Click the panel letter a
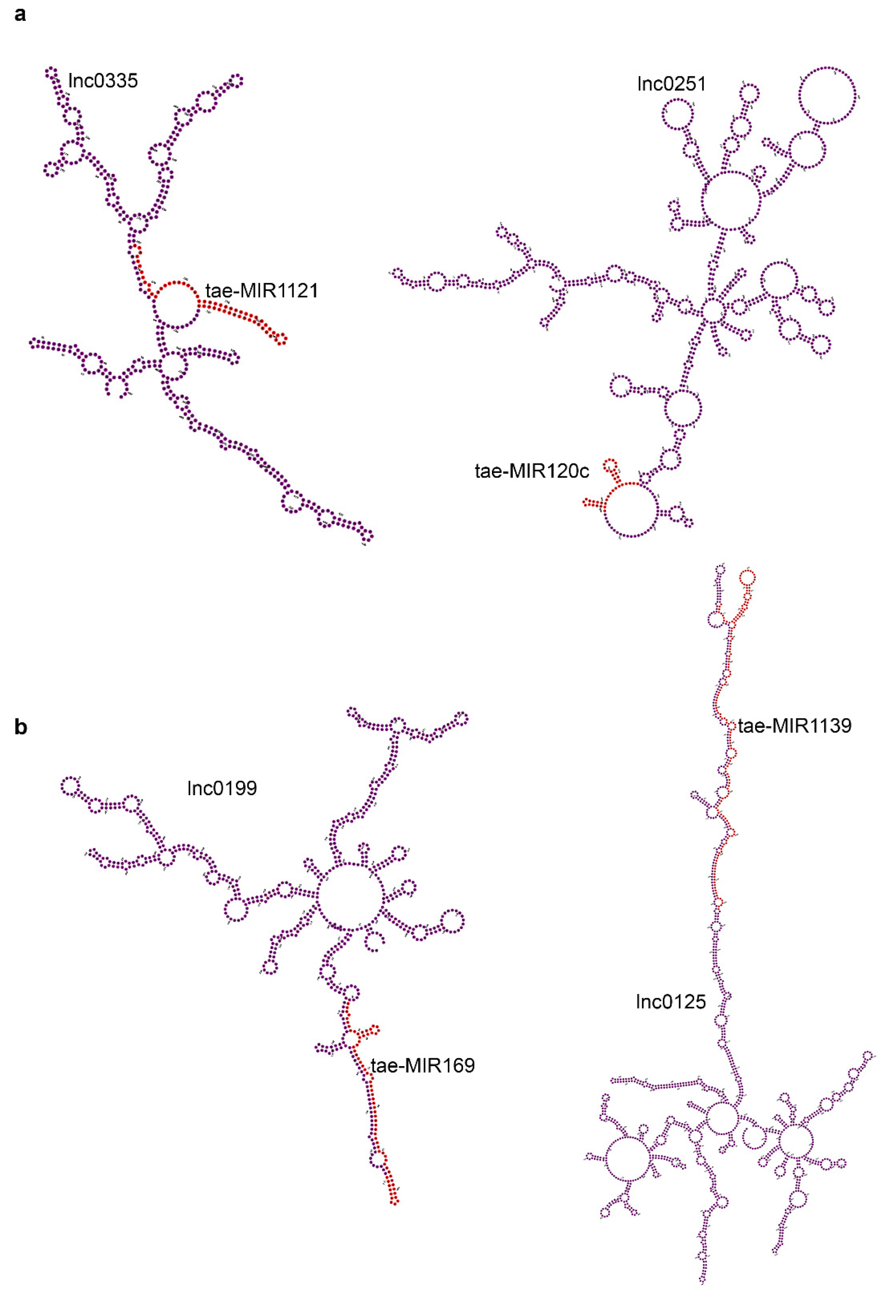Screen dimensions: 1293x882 click(x=20, y=14)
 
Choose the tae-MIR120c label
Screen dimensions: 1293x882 click(x=531, y=471)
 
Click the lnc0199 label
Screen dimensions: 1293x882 click(x=222, y=788)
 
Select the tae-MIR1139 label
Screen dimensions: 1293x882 click(x=795, y=726)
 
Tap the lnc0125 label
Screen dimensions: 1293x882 click(x=670, y=1002)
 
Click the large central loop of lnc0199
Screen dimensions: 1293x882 click(x=350, y=897)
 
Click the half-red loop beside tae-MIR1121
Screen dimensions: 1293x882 click(x=177, y=305)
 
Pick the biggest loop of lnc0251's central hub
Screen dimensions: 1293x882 click(x=730, y=200)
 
